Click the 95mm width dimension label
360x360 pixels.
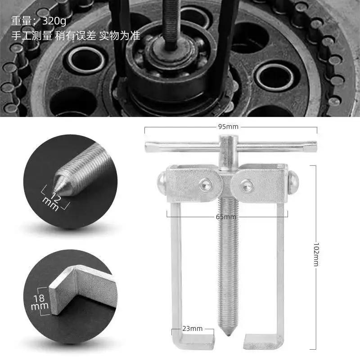tap(228, 127)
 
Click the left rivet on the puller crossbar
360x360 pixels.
tap(206, 184)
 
